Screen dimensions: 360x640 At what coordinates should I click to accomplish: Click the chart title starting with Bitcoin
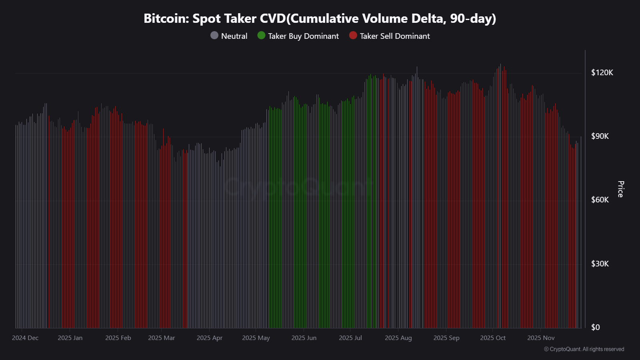(x=320, y=18)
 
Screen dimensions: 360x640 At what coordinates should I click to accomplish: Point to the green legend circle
(x=261, y=36)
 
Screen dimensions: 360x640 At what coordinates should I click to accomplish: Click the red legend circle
(x=353, y=36)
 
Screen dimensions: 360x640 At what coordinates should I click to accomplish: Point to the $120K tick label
(x=602, y=72)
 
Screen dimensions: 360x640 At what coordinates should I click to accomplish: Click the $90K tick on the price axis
(x=600, y=136)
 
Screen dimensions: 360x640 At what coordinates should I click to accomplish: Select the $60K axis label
(x=600, y=200)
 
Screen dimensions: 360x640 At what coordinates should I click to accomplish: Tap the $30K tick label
(x=600, y=264)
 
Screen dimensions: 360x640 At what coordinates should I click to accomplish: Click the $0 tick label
(x=596, y=327)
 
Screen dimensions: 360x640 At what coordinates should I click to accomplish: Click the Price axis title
(x=620, y=189)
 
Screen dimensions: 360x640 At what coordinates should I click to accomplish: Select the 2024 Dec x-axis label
(x=25, y=338)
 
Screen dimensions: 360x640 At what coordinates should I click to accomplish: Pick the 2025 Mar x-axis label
(x=162, y=338)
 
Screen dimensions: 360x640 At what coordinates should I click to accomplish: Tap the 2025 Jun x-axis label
(x=304, y=338)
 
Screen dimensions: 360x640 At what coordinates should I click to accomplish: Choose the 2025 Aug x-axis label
(x=398, y=338)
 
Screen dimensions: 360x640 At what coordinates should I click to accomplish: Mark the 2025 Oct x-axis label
(x=493, y=338)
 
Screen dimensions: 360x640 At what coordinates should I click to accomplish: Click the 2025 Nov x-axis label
(x=541, y=338)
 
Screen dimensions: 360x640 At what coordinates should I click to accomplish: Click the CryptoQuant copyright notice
(x=584, y=349)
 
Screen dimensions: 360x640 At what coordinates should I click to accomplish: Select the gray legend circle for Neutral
(x=214, y=36)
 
